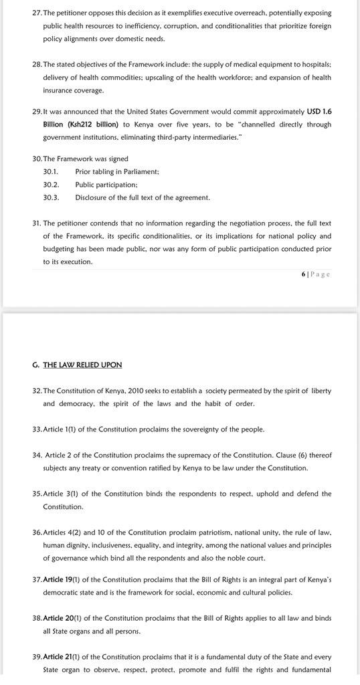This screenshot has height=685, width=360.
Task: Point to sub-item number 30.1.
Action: click(51, 172)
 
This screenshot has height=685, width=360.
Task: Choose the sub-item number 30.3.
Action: click(51, 197)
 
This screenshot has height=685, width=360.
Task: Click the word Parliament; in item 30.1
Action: click(139, 172)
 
